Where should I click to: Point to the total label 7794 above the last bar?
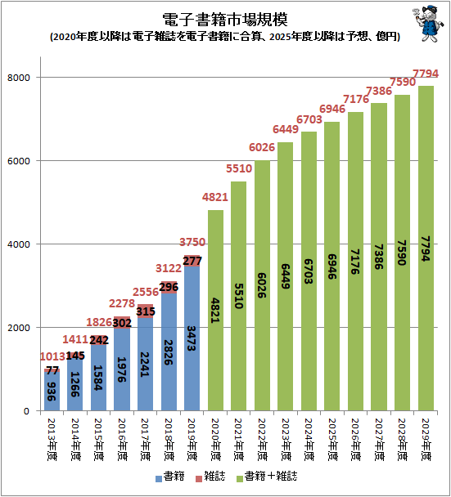coord(426,74)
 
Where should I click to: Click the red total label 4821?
coord(215,198)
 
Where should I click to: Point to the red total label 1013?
coord(52,356)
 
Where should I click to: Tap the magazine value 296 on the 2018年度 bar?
coord(169,288)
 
